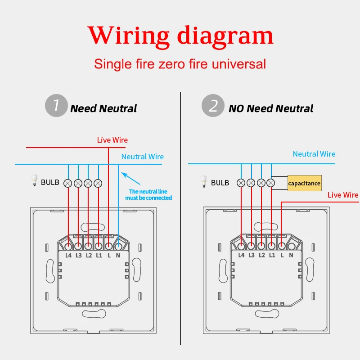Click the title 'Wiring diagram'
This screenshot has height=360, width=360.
pyautogui.click(x=180, y=35)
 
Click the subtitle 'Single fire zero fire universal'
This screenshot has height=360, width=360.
pyautogui.click(x=180, y=64)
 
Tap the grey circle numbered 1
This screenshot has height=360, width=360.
pyautogui.click(x=56, y=106)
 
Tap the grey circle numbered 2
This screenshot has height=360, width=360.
pyautogui.click(x=213, y=106)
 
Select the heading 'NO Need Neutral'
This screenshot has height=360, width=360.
pyautogui.click(x=271, y=108)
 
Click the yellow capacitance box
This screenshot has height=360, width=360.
pyautogui.click(x=305, y=183)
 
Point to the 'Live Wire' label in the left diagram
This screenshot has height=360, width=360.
pyautogui.click(x=112, y=140)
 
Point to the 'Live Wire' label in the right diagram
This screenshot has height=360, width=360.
pyautogui.click(x=343, y=195)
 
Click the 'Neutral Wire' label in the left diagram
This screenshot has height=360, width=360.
pyautogui.click(x=143, y=157)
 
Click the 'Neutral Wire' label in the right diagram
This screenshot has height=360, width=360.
pyautogui.click(x=314, y=154)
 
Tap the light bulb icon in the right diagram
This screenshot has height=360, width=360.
pyautogui.click(x=203, y=181)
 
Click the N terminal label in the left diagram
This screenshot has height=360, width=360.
pyautogui.click(x=118, y=256)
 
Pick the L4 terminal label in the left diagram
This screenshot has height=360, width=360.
pyautogui.click(x=68, y=256)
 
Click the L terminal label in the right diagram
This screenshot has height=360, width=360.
pyautogui.click(x=281, y=256)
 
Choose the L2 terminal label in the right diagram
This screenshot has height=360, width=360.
pyautogui.click(x=261, y=256)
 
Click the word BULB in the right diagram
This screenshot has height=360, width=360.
pyautogui.click(x=220, y=183)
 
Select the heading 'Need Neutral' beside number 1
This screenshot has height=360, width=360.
pyautogui.click(x=103, y=108)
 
